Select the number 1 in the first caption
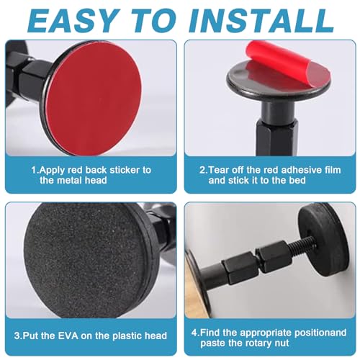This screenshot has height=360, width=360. [x=33, y=170]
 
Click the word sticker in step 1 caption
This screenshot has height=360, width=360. [x=125, y=170]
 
